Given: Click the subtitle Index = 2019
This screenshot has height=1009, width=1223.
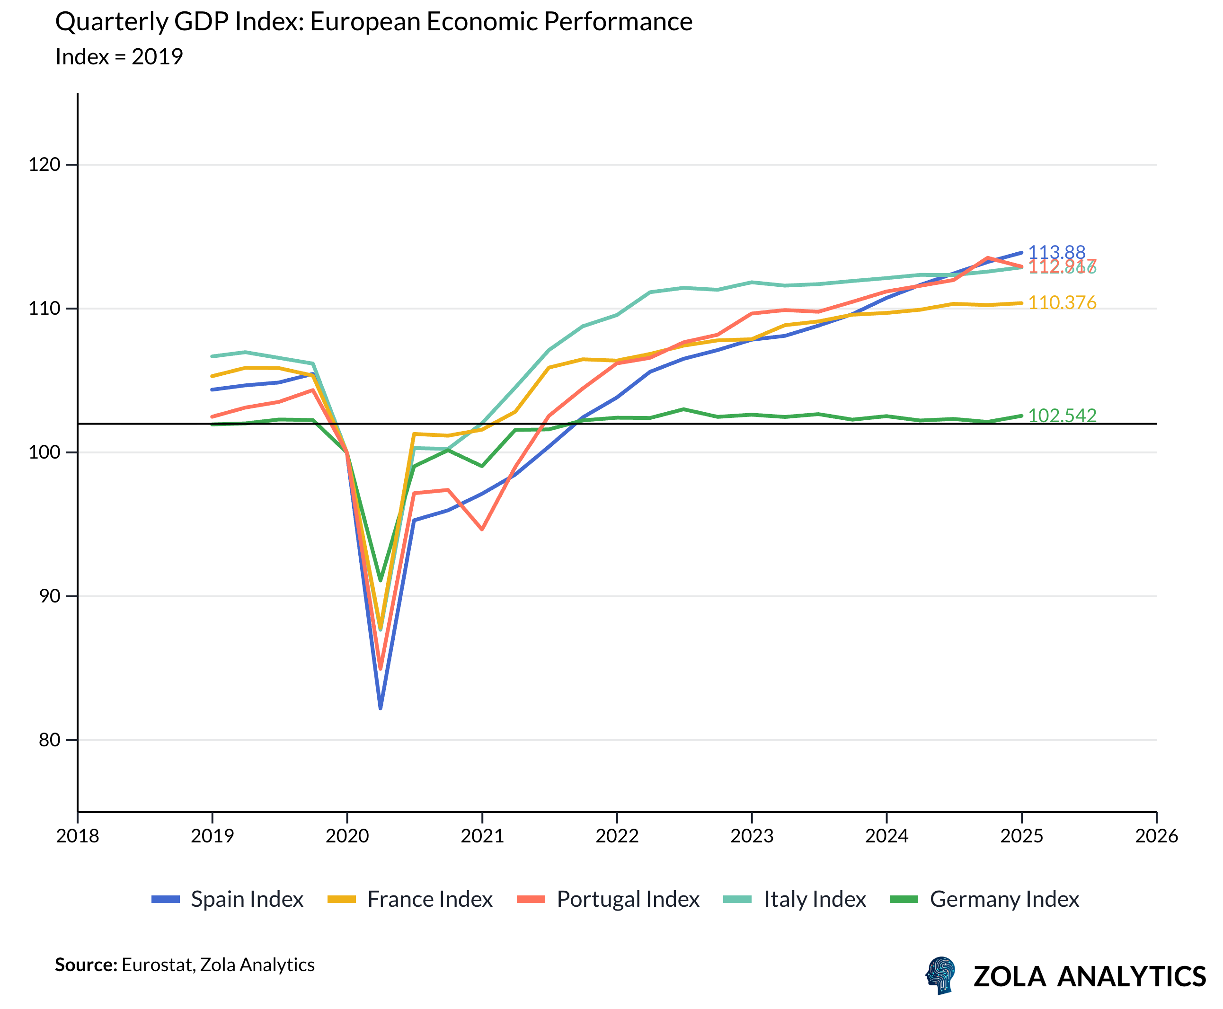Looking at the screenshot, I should pyautogui.click(x=119, y=57).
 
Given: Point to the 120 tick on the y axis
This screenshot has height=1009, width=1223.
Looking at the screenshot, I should pyautogui.click(x=45, y=165).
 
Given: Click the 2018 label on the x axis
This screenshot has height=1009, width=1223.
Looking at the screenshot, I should pyautogui.click(x=77, y=836).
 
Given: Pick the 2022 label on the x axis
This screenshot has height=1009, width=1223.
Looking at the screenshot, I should pyautogui.click(x=617, y=836).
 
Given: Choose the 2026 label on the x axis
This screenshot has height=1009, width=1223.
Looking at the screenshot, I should pyautogui.click(x=1156, y=836).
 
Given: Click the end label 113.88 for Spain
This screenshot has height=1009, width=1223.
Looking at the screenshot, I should pyautogui.click(x=1056, y=252).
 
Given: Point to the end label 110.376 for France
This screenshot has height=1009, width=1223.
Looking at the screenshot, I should pyautogui.click(x=1062, y=302).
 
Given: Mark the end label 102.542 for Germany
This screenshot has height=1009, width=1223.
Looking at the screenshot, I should pyautogui.click(x=1062, y=416).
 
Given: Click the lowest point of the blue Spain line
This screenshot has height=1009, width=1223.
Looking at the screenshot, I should pyautogui.click(x=380, y=708).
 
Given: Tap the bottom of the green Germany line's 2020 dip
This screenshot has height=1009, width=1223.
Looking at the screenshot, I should pyautogui.click(x=380, y=580).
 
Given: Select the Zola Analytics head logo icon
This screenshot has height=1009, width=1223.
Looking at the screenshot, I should pyautogui.click(x=940, y=975).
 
